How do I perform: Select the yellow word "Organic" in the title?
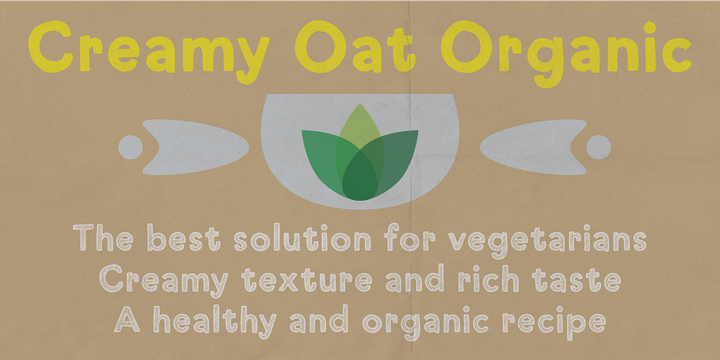click(x=567, y=54)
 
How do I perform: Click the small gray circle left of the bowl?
click(x=130, y=147)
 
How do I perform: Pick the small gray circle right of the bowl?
click(x=599, y=147)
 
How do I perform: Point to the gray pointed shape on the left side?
click(x=196, y=147)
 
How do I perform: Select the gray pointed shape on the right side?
click(x=534, y=147)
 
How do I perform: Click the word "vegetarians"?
click(x=547, y=239)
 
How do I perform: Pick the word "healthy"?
click(x=215, y=321)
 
